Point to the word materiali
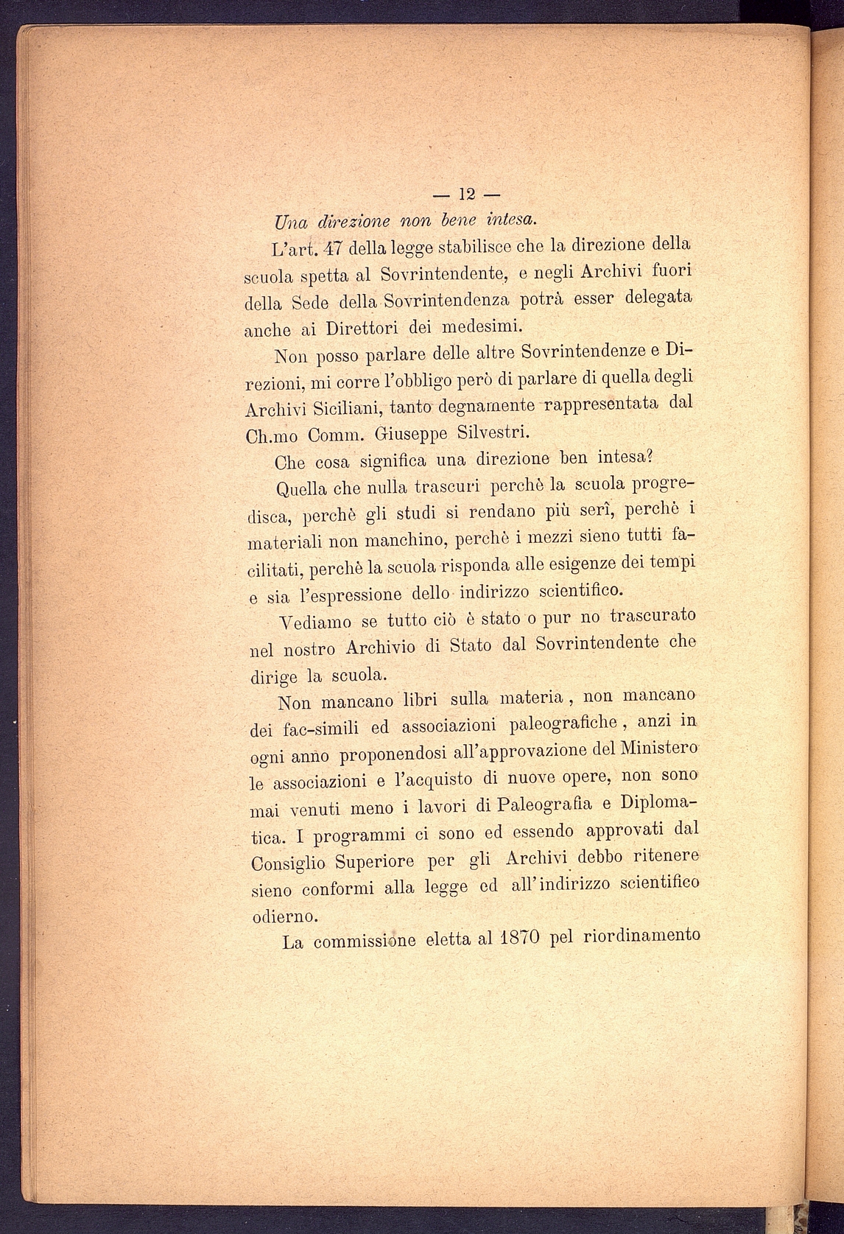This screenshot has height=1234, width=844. click(x=283, y=544)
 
